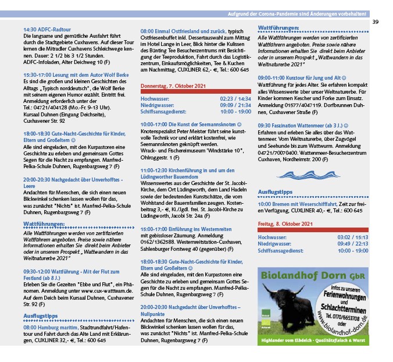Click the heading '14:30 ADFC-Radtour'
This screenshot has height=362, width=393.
point(47,29)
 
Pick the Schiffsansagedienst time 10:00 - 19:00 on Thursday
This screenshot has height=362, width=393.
point(236,111)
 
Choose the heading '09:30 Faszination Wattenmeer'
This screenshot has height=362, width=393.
point(301,125)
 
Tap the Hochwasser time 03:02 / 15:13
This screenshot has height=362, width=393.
point(352,237)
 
